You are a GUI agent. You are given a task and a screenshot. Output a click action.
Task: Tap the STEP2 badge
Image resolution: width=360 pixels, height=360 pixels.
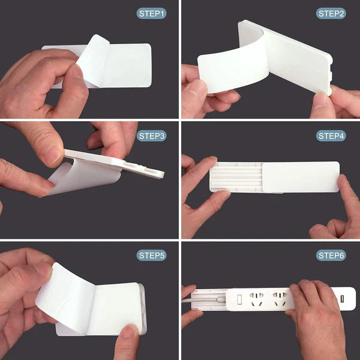[331, 13]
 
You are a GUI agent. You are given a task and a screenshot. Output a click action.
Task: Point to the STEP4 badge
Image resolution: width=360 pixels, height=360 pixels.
[331, 136]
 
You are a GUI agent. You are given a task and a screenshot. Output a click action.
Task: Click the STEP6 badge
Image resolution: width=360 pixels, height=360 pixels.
[331, 256]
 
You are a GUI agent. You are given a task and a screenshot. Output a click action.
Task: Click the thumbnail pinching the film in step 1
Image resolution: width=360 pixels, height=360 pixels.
[76, 75]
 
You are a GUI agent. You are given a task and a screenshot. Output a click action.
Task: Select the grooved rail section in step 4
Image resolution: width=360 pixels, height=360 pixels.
[237, 178]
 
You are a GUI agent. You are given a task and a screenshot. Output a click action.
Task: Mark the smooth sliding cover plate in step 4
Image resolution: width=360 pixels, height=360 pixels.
[300, 176]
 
